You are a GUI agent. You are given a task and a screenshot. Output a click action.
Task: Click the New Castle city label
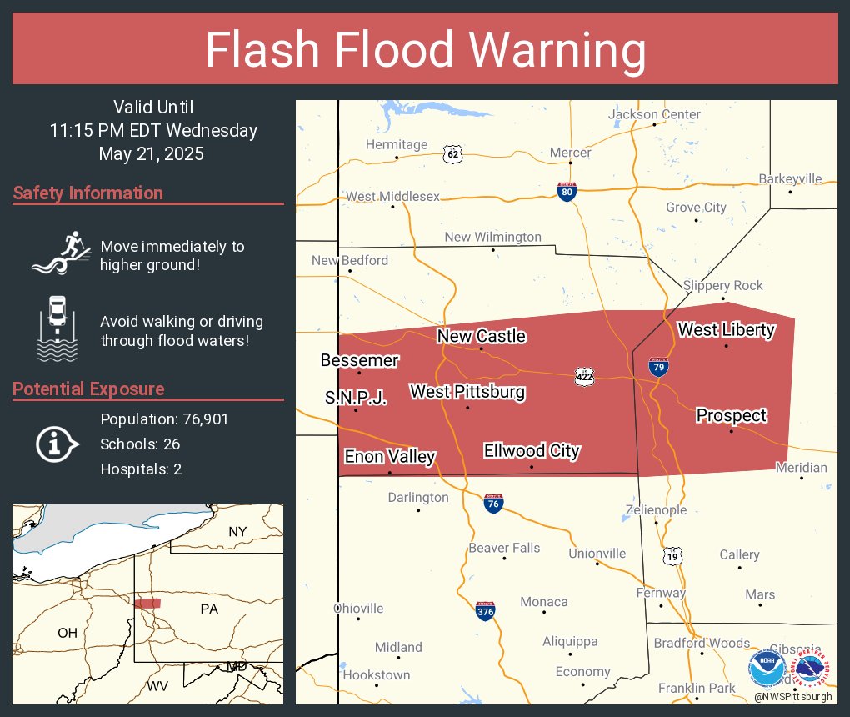482,336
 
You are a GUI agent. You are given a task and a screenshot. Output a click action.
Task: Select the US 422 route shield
585,377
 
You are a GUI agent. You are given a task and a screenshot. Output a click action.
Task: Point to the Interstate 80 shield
567,191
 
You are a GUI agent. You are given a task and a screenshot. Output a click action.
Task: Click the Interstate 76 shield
493,503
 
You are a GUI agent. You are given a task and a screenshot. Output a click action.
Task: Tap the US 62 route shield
452,154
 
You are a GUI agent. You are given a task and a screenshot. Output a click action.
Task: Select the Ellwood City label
532,451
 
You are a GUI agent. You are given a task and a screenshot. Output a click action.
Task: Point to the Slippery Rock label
722,285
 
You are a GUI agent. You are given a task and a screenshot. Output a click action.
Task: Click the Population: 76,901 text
164,419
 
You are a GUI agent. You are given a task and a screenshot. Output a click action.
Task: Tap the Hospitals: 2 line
141,469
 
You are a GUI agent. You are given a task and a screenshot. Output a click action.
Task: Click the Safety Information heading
88,193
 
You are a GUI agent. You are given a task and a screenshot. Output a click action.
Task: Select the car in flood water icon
57,328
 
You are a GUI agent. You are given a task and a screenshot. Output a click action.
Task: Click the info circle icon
57,444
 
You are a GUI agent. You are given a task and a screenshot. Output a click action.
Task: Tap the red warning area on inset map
147,603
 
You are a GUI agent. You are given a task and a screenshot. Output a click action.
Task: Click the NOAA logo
767,668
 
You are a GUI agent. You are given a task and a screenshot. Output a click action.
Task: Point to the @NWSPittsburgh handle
792,696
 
